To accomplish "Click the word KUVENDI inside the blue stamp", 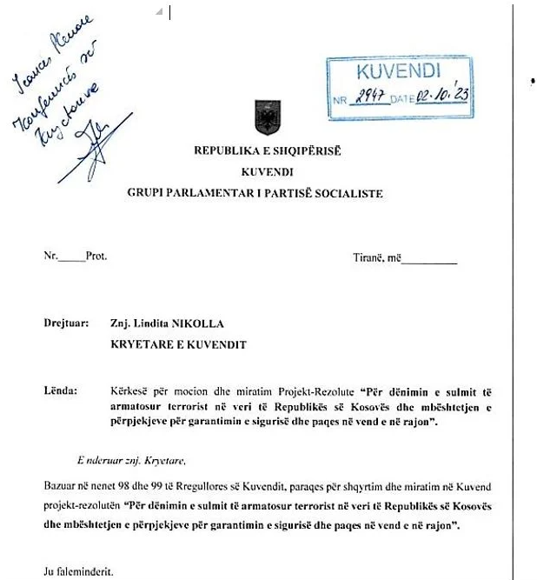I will pyautogui.click(x=399, y=72).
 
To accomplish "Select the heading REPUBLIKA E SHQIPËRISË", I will pyautogui.click(x=267, y=149).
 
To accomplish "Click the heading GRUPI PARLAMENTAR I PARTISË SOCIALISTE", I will pyautogui.click(x=267, y=192).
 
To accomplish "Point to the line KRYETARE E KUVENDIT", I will pyautogui.click(x=178, y=344).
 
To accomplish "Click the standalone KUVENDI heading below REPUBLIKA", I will pyautogui.click(x=267, y=170).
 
